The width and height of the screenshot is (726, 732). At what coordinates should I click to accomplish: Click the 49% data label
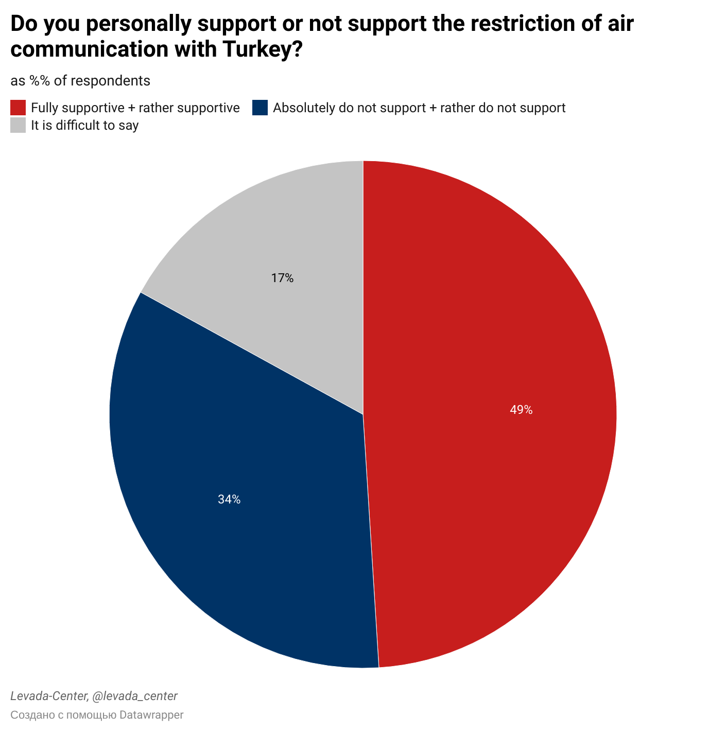[521, 410]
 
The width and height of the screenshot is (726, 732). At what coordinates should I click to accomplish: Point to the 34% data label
[229, 499]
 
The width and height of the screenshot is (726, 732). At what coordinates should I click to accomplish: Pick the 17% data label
[282, 278]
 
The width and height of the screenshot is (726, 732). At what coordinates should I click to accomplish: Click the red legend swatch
[18, 108]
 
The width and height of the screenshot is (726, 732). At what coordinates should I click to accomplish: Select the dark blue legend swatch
[260, 108]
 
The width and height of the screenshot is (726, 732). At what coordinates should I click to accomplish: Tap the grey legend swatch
[18, 125]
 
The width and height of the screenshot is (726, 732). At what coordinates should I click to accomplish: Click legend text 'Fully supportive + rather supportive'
[135, 108]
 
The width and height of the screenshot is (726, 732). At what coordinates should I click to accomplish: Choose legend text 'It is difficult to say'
[84, 125]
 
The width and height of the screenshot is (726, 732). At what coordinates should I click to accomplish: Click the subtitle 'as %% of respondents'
[80, 81]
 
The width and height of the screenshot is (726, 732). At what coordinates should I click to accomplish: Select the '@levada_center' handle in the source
[134, 696]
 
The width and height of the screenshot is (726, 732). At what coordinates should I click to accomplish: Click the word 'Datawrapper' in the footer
[151, 715]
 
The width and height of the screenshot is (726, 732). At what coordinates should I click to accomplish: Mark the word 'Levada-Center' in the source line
[48, 696]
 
